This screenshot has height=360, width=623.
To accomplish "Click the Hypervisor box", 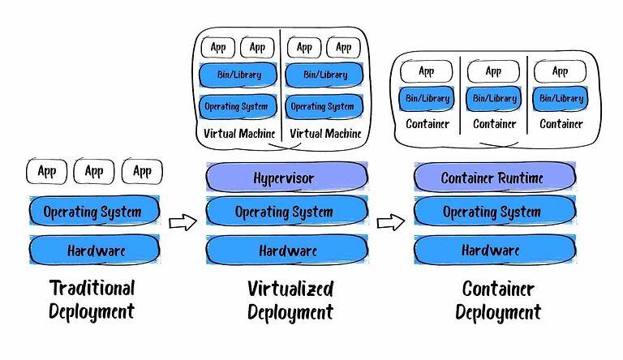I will pyautogui.click(x=284, y=177).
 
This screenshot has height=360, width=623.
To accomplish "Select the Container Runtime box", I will pyautogui.click(x=492, y=177).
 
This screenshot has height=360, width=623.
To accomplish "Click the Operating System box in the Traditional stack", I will pyautogui.click(x=92, y=212).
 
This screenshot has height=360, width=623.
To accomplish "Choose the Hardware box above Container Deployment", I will pyautogui.click(x=491, y=250).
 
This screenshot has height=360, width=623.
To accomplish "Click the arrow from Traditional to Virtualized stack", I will pyautogui.click(x=183, y=221).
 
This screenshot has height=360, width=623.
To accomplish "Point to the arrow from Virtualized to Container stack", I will pyautogui.click(x=391, y=221).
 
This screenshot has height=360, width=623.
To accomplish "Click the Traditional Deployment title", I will pyautogui.click(x=92, y=300).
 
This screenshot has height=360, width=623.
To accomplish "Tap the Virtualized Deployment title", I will pyautogui.click(x=290, y=300).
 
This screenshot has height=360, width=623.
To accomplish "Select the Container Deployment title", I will pyautogui.click(x=497, y=300).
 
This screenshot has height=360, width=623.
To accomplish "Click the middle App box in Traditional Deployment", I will pyautogui.click(x=95, y=171).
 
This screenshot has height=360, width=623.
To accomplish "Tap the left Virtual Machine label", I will pyautogui.click(x=238, y=133).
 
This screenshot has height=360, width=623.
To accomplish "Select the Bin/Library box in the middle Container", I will pyautogui.click(x=493, y=98).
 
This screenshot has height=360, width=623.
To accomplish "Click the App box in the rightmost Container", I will pyautogui.click(x=560, y=71).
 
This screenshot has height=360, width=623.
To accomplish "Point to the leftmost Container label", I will pyautogui.click(x=428, y=124).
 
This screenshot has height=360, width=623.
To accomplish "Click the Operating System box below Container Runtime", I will pyautogui.click(x=492, y=212).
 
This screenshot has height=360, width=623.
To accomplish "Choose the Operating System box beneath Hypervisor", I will pyautogui.click(x=284, y=212).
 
